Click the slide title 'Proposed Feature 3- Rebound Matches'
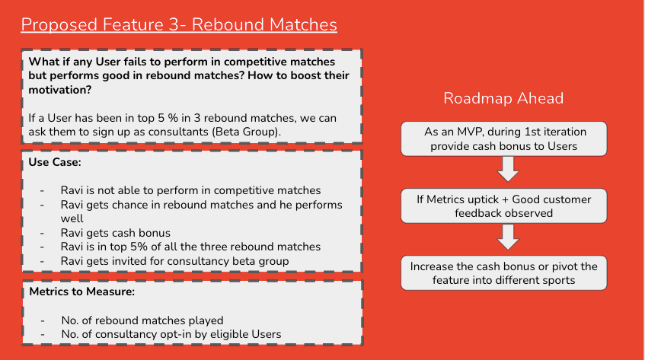point(178,24)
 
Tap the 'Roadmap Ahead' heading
point(503,98)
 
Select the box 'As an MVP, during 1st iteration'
point(503,139)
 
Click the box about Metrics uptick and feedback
point(503,205)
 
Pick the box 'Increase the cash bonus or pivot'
point(503,273)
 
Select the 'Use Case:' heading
point(55,162)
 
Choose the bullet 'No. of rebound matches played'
point(142,320)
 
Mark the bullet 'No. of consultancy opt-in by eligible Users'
point(171,333)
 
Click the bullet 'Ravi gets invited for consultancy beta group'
point(176,260)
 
